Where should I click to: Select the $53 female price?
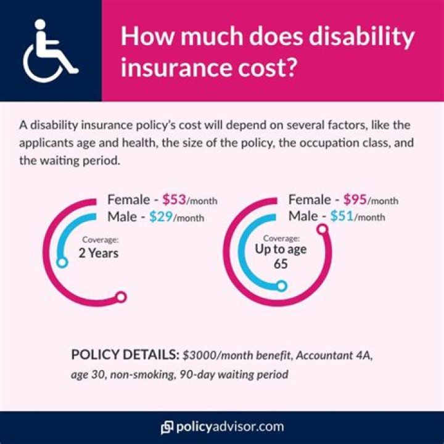click(175, 200)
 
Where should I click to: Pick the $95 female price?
click(355, 200)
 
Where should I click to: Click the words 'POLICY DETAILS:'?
click(125, 356)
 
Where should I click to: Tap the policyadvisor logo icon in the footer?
click(167, 427)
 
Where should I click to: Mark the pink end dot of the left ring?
click(121, 298)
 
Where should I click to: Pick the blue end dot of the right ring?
click(281, 286)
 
